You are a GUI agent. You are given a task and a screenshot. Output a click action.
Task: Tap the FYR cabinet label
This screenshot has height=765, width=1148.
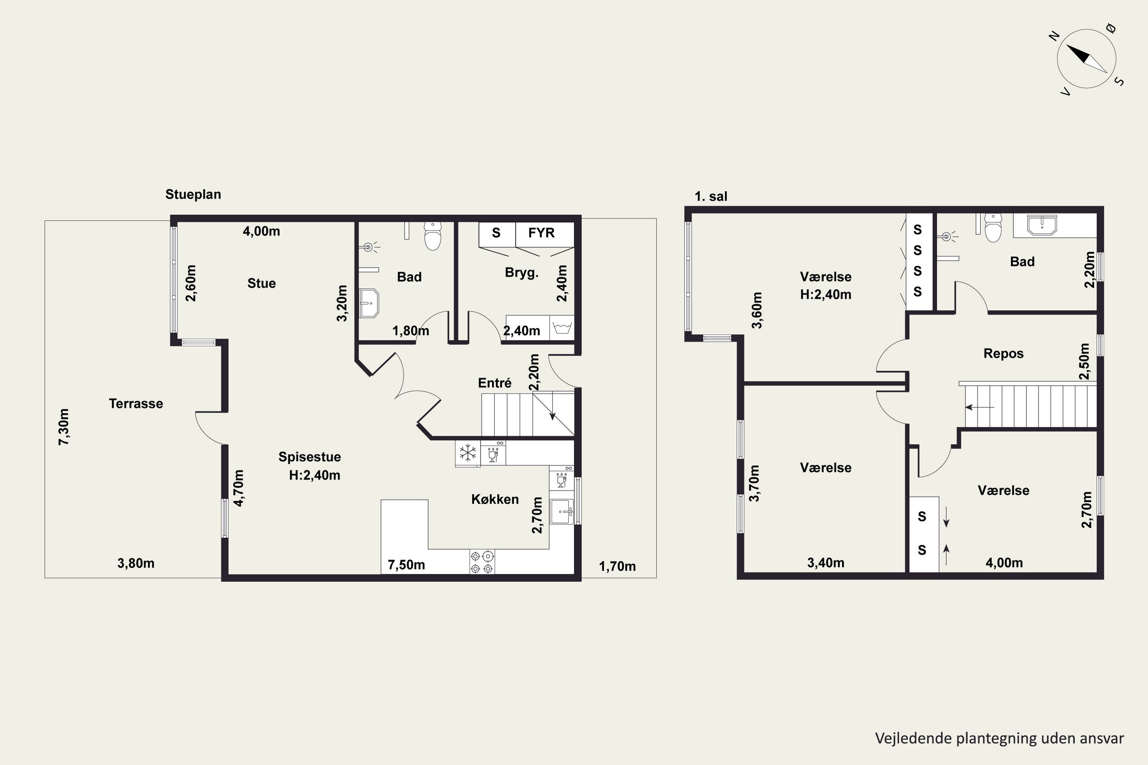pyautogui.click(x=541, y=233)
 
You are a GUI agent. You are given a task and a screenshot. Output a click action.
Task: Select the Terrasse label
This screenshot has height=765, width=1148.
pyautogui.click(x=136, y=404)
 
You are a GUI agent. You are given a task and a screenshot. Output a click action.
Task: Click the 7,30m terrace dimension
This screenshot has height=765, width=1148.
pyautogui.click(x=64, y=427)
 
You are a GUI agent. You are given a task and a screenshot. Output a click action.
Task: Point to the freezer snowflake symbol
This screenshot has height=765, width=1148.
pyautogui.click(x=468, y=453)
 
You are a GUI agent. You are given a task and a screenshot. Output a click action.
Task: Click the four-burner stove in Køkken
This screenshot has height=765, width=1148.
pyautogui.click(x=482, y=562)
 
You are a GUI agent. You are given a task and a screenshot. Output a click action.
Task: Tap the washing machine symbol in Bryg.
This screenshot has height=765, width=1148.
pyautogui.click(x=562, y=327)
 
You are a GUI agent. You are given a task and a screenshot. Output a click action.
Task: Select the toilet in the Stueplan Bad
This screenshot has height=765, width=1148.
pyautogui.click(x=432, y=236)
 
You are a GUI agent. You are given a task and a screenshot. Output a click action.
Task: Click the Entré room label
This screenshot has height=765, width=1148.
pyautogui.click(x=494, y=383)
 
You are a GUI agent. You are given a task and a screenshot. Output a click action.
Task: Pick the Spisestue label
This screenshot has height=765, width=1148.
pyautogui.click(x=310, y=457)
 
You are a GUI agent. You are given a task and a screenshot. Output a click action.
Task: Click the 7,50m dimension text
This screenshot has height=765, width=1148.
pyautogui.click(x=406, y=565)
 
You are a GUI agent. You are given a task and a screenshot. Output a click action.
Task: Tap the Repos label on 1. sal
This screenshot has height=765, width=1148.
pyautogui.click(x=1003, y=353)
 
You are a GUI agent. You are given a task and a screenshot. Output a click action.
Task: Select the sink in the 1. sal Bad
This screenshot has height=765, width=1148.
pyautogui.click(x=1042, y=225)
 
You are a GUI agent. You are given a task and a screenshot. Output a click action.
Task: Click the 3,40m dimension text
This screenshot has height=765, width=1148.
pyautogui.click(x=825, y=563)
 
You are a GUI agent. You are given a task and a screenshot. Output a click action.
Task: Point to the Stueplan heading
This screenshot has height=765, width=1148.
pyautogui.click(x=193, y=194)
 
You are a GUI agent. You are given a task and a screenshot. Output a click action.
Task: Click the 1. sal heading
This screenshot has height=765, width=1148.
pyautogui.click(x=711, y=196)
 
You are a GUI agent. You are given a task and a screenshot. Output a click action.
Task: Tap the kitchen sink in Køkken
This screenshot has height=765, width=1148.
pyautogui.click(x=562, y=512)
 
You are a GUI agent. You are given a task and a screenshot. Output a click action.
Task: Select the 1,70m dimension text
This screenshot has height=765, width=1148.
pyautogui.click(x=617, y=566)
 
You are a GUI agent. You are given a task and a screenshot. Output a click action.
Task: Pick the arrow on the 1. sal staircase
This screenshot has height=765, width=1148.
pyautogui.click(x=980, y=407)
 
